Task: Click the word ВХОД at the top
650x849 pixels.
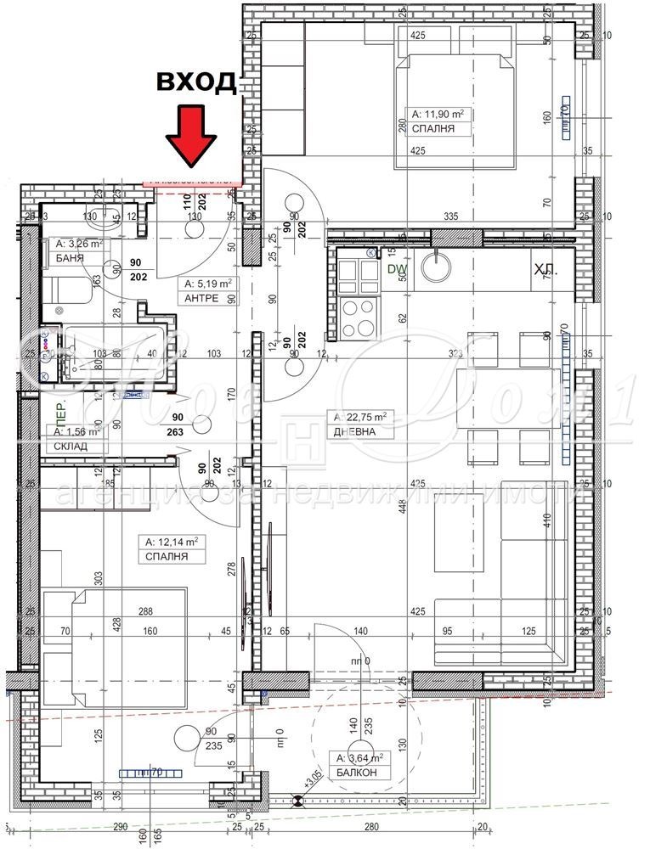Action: pos(195,82)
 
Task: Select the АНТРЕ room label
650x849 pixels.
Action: pos(202,298)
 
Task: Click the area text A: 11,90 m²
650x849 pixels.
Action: pos(441,113)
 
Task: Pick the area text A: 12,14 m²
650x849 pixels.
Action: pos(171,541)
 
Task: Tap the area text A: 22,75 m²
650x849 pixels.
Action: pos(360,417)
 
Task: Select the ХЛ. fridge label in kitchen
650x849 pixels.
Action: pos(545,270)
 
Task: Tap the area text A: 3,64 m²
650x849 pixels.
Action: pos(359,758)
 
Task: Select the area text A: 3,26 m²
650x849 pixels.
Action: pos(78,244)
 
